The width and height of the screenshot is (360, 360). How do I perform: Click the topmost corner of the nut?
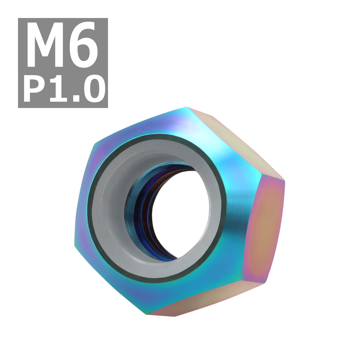tap(188, 107)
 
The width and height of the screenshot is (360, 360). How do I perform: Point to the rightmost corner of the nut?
tap(284, 180)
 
